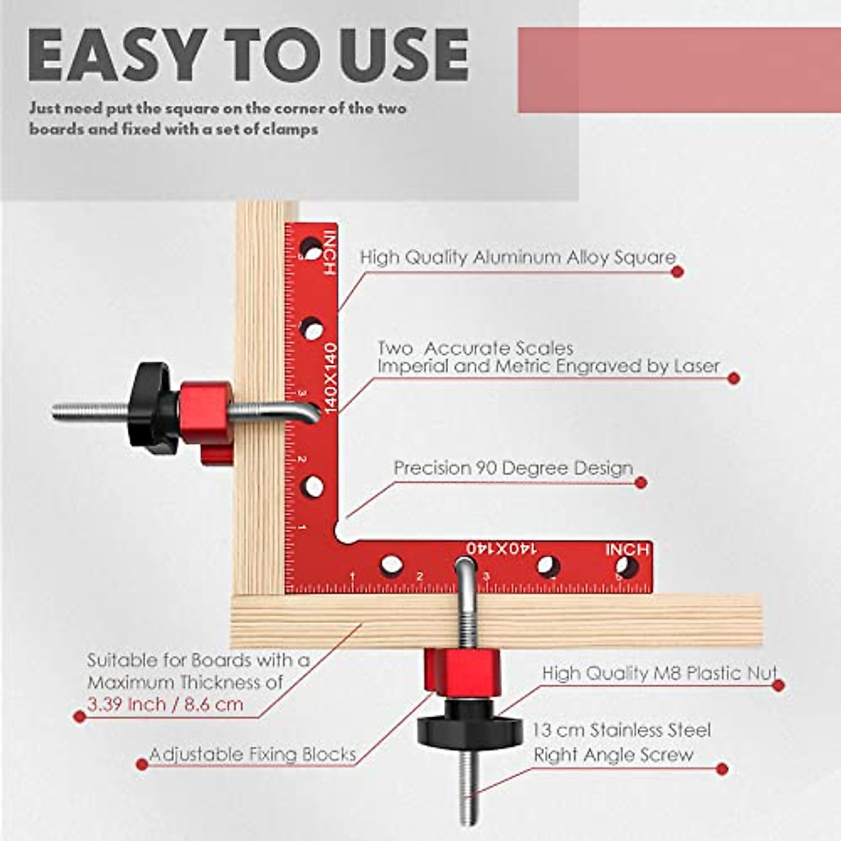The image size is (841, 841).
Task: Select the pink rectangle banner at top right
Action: [x=678, y=70]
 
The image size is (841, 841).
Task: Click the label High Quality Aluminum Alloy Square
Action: [x=518, y=257]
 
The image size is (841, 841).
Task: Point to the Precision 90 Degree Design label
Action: [x=513, y=468]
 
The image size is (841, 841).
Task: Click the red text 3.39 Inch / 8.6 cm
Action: [x=165, y=704]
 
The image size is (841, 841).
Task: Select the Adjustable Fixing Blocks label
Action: [x=252, y=755]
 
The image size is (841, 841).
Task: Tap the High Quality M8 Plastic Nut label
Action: [x=659, y=674]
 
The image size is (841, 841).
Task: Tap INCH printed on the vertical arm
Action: [x=329, y=252]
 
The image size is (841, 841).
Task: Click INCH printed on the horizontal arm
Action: [x=627, y=549]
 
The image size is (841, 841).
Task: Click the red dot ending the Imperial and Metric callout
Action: [x=734, y=378]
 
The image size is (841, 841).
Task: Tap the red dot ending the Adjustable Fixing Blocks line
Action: [x=142, y=764]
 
